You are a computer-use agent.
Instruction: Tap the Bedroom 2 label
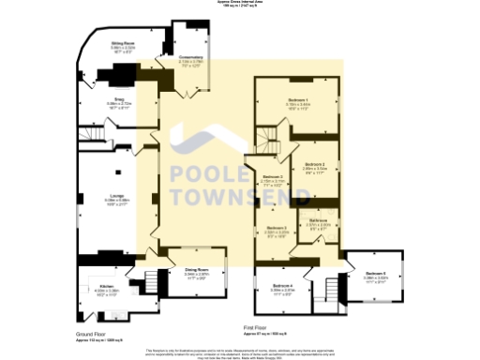coord(313,164)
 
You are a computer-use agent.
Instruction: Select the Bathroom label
coord(318,219)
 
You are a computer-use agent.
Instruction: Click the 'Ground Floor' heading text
coord(90,333)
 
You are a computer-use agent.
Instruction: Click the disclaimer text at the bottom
coord(240,352)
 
